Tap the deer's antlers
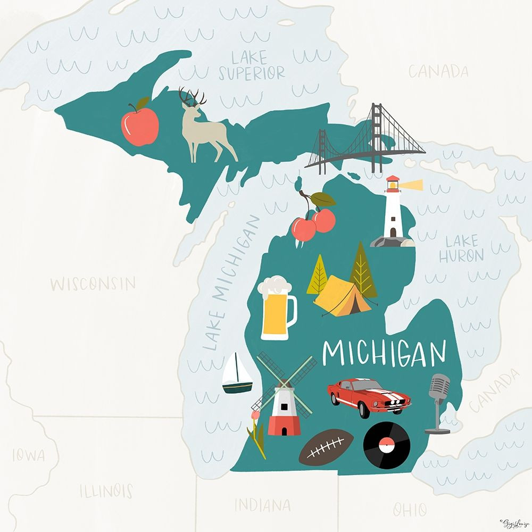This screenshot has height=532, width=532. pos(192,97)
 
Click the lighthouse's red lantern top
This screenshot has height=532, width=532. pos(393,183)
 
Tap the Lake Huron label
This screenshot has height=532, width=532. pos(461,249)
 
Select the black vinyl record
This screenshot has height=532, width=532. pos(387,445)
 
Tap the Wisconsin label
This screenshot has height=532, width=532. pos(93,283)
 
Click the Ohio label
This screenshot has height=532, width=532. pos(410,509)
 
